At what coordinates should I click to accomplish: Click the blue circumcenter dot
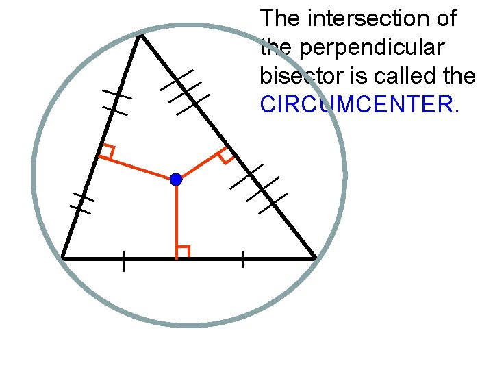click(x=176, y=180)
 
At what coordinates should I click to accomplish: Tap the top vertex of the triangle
click(x=140, y=36)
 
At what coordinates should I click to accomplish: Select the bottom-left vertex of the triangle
click(x=63, y=258)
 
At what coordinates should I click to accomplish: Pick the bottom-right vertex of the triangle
click(x=315, y=258)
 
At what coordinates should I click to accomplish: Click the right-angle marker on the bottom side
click(x=182, y=251)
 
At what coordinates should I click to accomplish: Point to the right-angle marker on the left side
click(x=107, y=152)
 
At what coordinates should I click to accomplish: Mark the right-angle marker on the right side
click(x=225, y=156)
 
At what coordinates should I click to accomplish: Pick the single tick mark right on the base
click(x=242, y=259)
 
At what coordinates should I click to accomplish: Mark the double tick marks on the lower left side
click(x=81, y=203)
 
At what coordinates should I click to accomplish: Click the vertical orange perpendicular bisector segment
click(x=176, y=219)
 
